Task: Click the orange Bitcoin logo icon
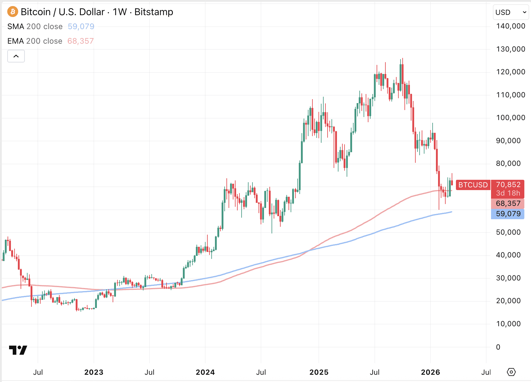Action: tap(12, 12)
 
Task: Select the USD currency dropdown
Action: tap(511, 12)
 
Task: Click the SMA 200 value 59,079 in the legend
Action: tap(81, 26)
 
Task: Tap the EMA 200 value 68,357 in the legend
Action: tap(81, 41)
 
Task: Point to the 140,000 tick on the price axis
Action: tap(510, 26)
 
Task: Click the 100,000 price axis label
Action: tap(510, 118)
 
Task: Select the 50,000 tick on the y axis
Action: tap(508, 232)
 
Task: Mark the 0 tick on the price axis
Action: tap(498, 347)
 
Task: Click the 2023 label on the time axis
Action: tap(94, 372)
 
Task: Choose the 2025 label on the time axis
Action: tap(319, 372)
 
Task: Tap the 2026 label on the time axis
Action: tap(430, 372)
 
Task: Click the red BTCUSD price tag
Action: tap(473, 185)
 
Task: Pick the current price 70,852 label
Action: tap(508, 185)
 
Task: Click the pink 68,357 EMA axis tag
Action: tap(508, 203)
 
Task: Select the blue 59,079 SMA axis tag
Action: tap(508, 214)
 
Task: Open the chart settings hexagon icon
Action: tap(511, 372)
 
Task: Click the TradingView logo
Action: tap(18, 350)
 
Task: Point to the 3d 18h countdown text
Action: tap(508, 193)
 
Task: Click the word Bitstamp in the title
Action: tap(154, 12)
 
